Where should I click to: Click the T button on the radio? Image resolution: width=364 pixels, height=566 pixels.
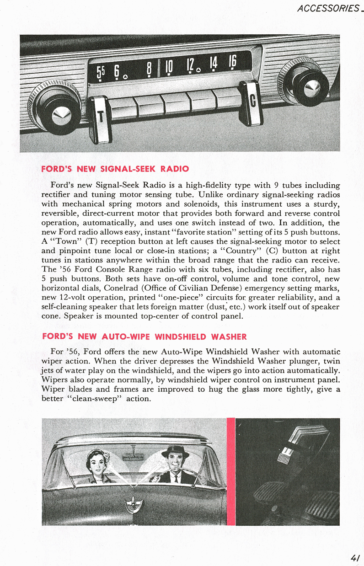pyautogui.click(x=101, y=120)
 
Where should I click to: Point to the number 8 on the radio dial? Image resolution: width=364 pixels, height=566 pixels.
pyautogui.click(x=149, y=70)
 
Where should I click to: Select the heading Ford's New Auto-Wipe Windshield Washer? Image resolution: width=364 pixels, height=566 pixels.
pyautogui.click(x=144, y=337)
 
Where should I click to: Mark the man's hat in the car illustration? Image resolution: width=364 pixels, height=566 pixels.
pyautogui.click(x=174, y=450)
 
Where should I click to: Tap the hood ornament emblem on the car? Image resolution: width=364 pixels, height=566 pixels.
pyautogui.click(x=134, y=505)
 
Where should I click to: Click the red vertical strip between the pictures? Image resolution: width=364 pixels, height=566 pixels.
pyautogui.click(x=231, y=471)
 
